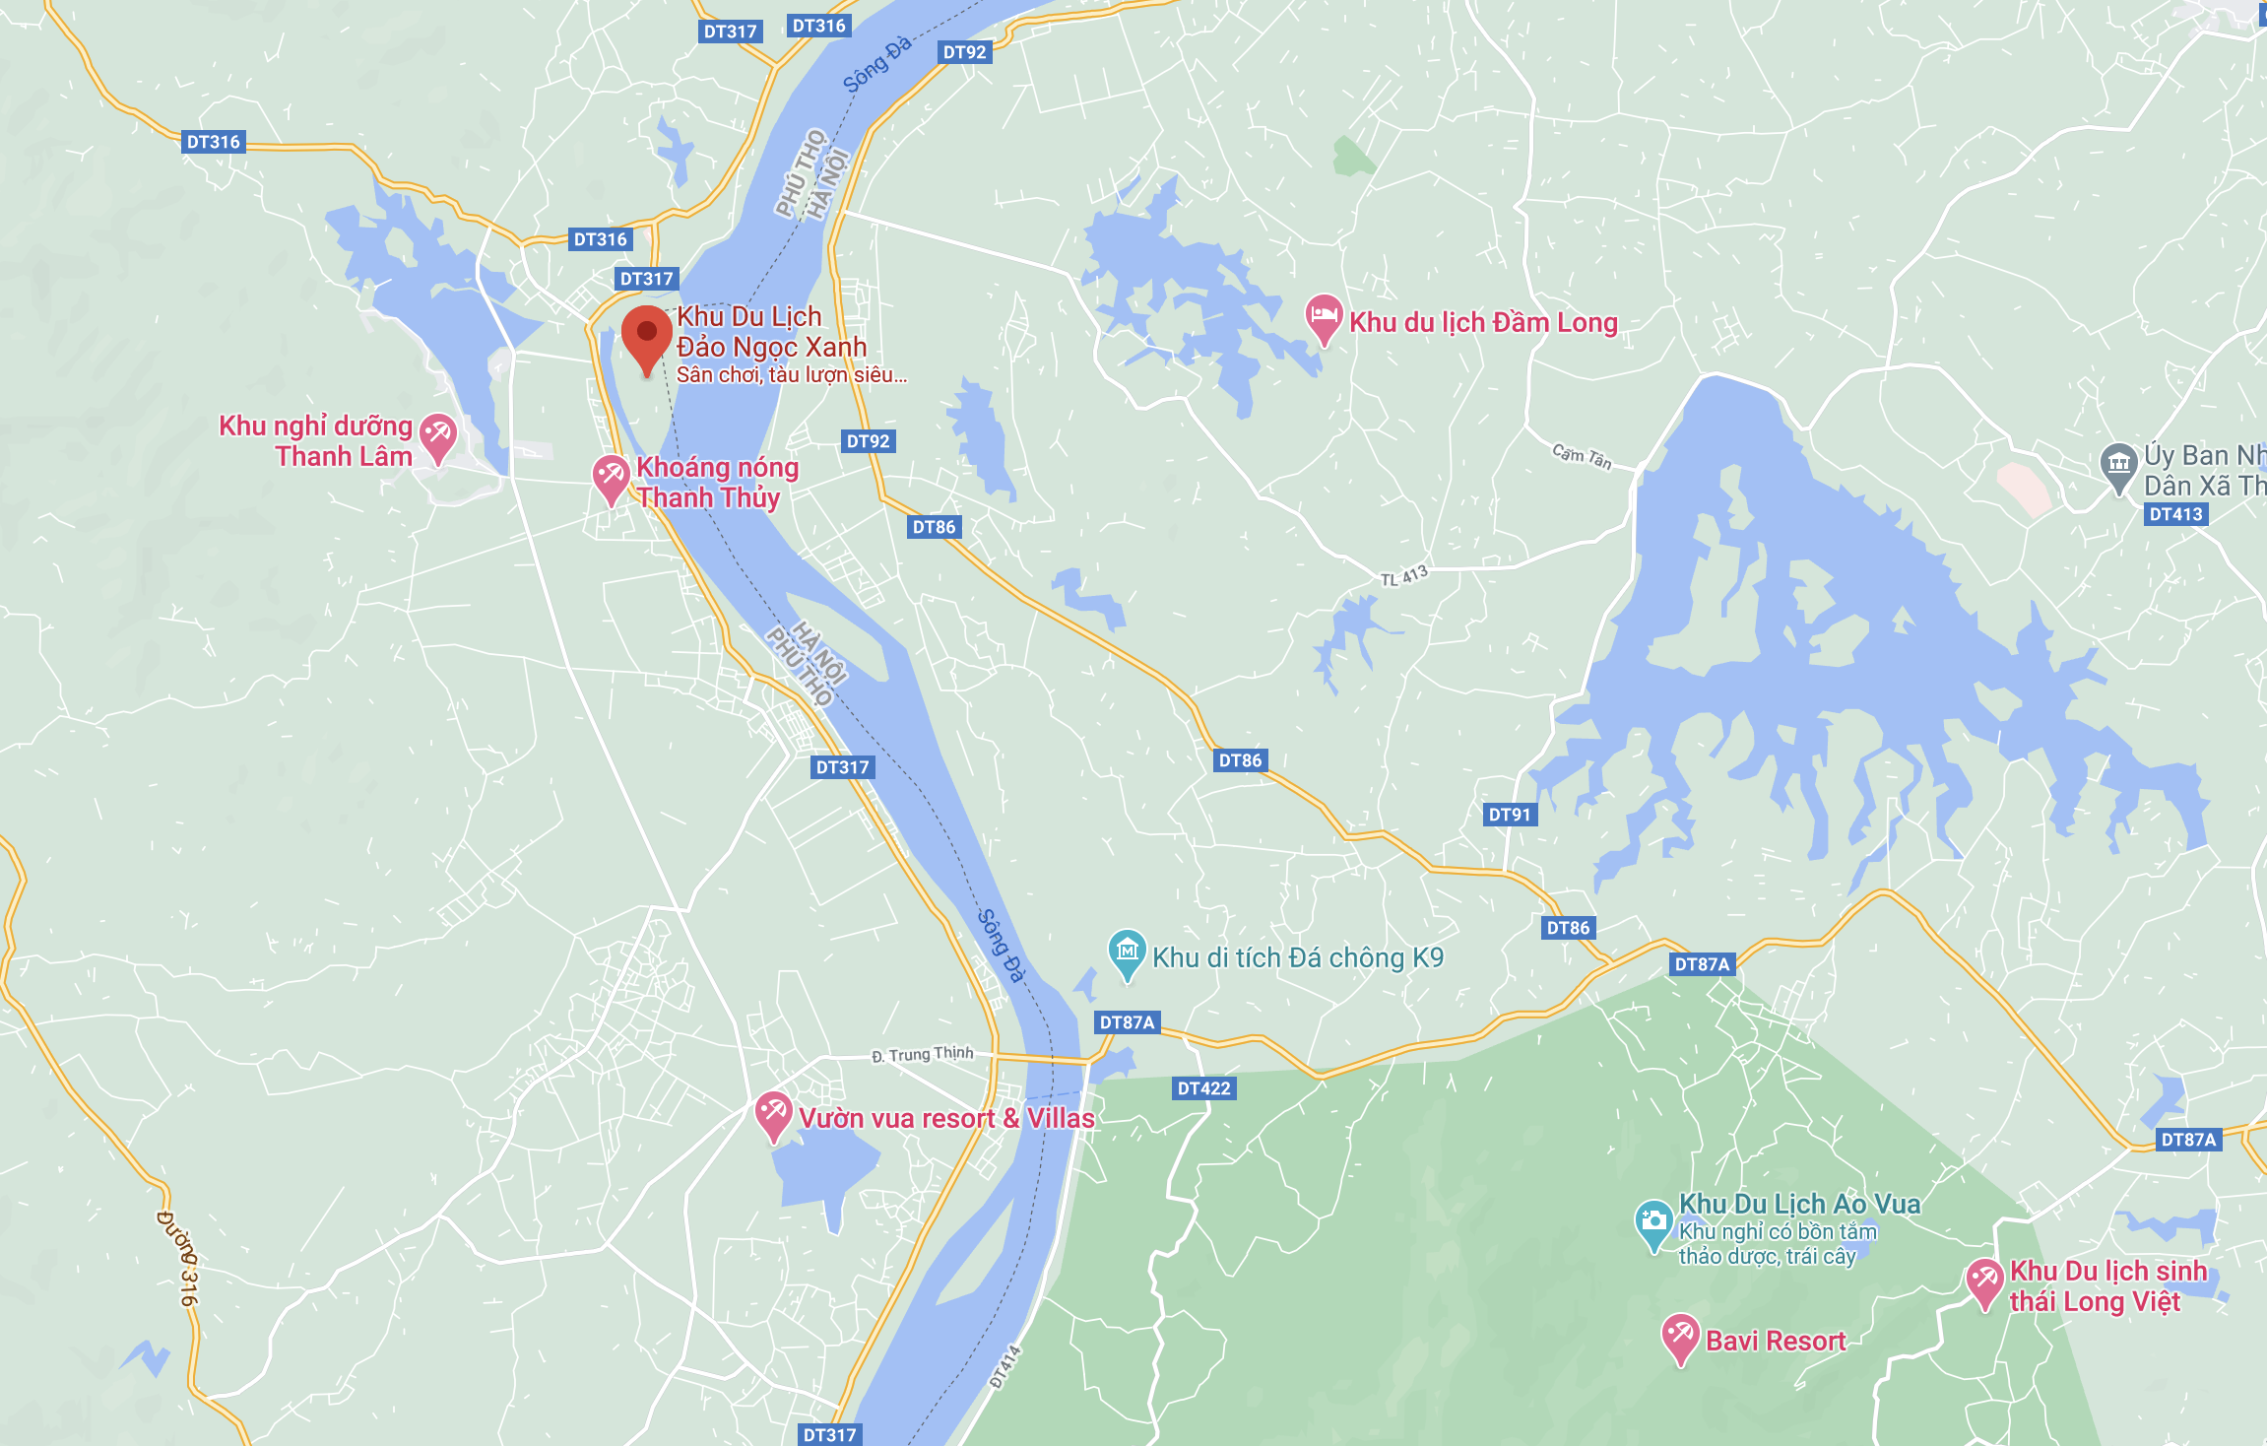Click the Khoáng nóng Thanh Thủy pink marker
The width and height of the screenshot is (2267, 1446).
(x=611, y=477)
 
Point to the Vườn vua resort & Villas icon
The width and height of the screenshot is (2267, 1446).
(x=774, y=1114)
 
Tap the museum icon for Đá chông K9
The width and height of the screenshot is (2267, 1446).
(x=1128, y=952)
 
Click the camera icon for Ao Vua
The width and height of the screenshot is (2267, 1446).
(x=1653, y=1221)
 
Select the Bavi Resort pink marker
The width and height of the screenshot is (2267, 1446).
(x=1680, y=1336)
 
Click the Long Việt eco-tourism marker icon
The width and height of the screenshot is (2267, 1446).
(x=1984, y=1281)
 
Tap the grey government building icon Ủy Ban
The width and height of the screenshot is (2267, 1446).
(x=2118, y=465)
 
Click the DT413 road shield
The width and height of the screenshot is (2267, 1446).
(x=2175, y=514)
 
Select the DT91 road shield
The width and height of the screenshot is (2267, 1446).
(x=1510, y=815)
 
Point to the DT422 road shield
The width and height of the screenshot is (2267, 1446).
(x=1204, y=1088)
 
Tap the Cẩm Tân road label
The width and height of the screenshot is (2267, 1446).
(x=1582, y=457)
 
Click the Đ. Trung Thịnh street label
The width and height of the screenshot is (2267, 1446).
(x=922, y=1054)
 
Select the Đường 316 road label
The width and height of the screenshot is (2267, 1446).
(x=178, y=1258)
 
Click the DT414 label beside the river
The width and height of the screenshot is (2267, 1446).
(x=1004, y=1367)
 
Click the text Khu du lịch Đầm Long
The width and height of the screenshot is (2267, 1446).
(x=1483, y=323)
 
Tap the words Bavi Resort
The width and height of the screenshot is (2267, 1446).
(x=1776, y=1342)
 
